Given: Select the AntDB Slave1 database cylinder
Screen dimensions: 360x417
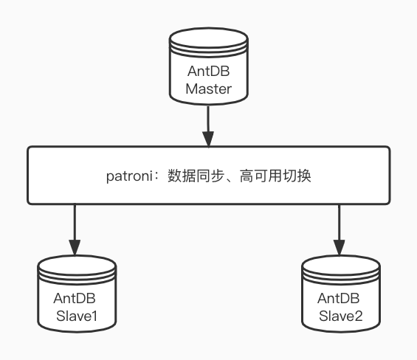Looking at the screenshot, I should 76,295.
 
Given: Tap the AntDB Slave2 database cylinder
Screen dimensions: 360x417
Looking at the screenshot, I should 340,295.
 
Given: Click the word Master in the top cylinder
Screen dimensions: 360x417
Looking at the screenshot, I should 209,90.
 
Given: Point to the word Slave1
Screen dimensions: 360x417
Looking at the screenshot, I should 76,317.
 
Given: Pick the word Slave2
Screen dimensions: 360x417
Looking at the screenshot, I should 340,317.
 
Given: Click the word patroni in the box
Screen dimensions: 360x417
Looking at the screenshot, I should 133,176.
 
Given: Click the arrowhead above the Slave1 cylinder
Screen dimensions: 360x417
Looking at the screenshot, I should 74,246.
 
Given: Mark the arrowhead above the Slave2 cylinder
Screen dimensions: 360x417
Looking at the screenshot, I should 339,246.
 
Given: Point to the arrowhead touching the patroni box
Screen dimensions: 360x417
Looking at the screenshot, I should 209,139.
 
